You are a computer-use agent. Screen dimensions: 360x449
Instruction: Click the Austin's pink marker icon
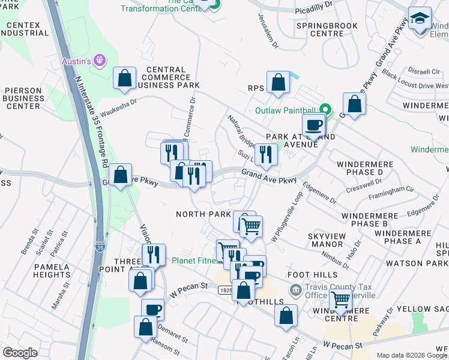100,61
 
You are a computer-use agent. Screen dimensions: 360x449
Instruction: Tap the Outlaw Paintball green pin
325,110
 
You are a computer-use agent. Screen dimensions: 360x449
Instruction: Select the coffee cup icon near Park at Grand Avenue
313,126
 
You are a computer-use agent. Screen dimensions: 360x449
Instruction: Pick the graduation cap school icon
420,18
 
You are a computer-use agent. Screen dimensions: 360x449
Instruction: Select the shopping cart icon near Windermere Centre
340,298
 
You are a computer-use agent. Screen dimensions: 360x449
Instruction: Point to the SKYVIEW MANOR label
325,241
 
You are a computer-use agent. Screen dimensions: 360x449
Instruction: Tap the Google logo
21,353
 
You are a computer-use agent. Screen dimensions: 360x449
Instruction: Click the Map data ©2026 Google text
412,355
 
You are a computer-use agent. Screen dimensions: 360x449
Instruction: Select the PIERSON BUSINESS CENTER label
23,98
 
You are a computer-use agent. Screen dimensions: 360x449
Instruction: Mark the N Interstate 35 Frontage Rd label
89,120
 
